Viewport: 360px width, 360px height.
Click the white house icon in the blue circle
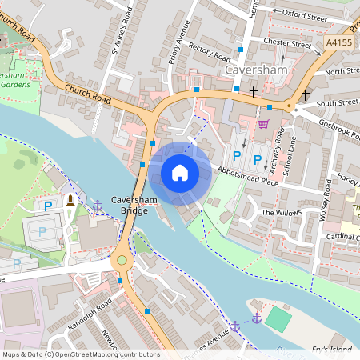(180, 172)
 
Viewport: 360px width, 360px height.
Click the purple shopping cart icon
(263, 124)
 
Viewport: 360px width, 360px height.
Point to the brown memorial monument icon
(70, 200)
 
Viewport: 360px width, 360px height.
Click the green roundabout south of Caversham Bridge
(122, 259)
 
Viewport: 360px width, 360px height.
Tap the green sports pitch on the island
(278, 318)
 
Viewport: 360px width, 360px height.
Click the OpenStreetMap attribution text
(80, 354)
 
